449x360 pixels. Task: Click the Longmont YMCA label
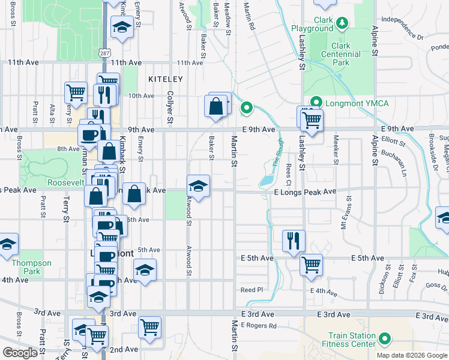[x=357, y=103]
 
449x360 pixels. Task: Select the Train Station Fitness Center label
[x=352, y=340]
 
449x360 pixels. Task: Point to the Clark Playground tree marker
[x=342, y=23]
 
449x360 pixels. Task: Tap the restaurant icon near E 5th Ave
[x=294, y=241]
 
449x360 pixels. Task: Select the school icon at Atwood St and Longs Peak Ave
[x=198, y=185]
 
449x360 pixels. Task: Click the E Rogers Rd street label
[x=259, y=326]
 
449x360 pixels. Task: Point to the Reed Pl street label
[x=252, y=289]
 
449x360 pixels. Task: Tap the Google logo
[x=20, y=353]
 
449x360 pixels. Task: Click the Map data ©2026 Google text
[x=411, y=355]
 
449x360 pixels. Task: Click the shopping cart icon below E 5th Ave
[x=311, y=265]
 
